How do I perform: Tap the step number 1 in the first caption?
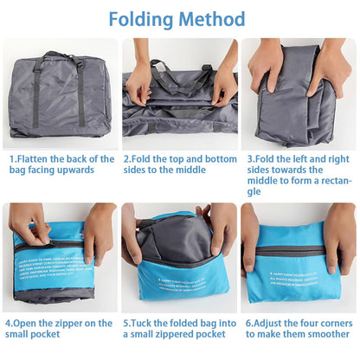click(x=12, y=159)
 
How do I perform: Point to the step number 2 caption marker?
click(x=127, y=159)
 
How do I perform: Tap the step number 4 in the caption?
click(x=9, y=323)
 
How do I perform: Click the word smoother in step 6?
click(x=320, y=334)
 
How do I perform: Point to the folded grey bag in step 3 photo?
click(x=294, y=104)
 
